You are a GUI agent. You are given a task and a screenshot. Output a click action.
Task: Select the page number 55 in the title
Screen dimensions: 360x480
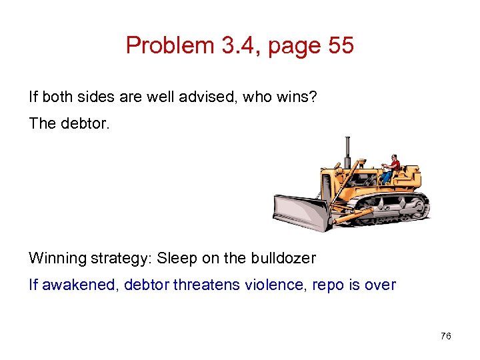tap(337, 46)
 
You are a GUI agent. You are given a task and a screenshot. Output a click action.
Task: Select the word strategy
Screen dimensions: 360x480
tap(121, 258)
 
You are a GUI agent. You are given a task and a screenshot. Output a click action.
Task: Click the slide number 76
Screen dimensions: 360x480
tap(446, 336)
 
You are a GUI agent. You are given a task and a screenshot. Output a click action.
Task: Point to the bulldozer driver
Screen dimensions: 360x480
tap(391, 167)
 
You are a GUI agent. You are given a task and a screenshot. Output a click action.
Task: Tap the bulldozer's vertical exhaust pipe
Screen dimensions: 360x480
tap(347, 151)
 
